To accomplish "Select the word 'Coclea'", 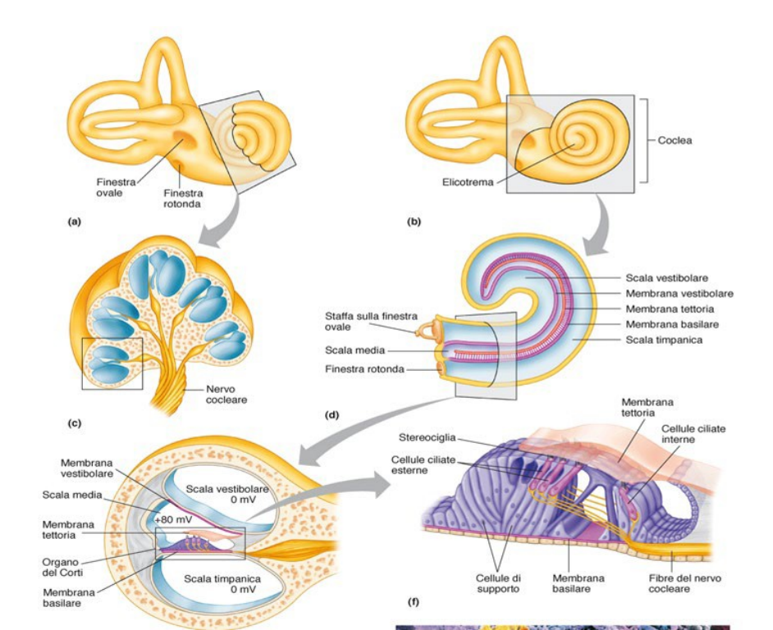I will click(675, 140).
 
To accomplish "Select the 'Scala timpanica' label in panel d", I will click(664, 340).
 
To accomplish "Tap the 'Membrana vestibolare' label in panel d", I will click(679, 294).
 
